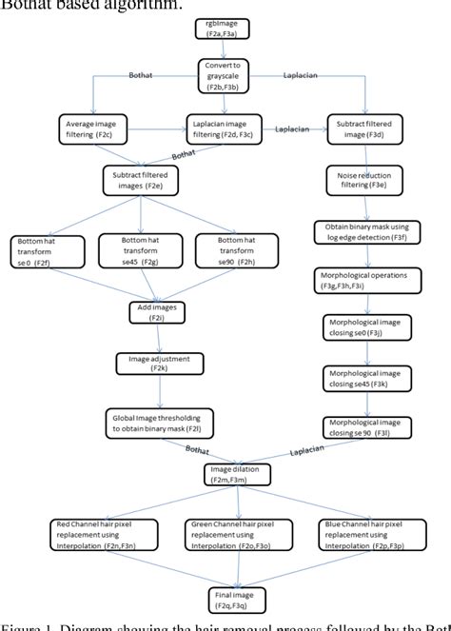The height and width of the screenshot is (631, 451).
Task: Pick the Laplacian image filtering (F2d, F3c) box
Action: pyautogui.click(x=225, y=128)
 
